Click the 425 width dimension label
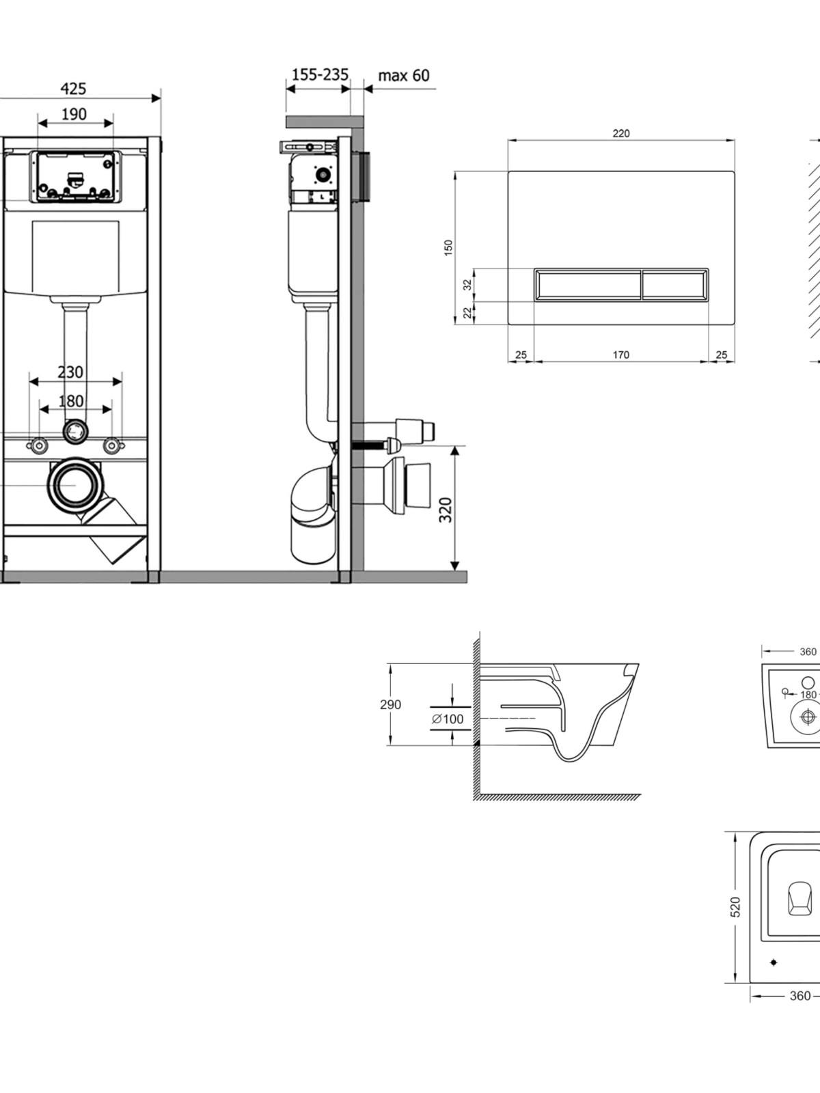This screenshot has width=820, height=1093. click(74, 88)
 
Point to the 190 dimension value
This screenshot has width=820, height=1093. click(74, 114)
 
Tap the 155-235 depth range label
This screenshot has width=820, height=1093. click(320, 74)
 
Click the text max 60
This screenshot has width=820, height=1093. click(404, 75)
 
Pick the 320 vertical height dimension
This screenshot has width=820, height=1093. click(446, 510)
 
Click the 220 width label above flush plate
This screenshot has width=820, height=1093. click(621, 133)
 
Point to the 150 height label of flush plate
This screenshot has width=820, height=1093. click(448, 247)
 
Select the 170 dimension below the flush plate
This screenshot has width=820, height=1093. click(621, 355)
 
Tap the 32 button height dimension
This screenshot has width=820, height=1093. click(467, 285)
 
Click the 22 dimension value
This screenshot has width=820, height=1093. click(467, 312)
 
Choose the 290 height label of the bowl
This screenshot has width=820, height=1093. click(391, 704)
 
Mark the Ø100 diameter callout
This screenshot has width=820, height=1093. click(448, 719)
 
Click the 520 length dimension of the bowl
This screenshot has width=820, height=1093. click(736, 907)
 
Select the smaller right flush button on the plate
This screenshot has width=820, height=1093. click(674, 285)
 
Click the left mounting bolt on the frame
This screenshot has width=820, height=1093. click(39, 446)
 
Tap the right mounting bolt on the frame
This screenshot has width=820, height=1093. click(112, 446)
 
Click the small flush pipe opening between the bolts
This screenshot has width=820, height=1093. click(75, 432)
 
